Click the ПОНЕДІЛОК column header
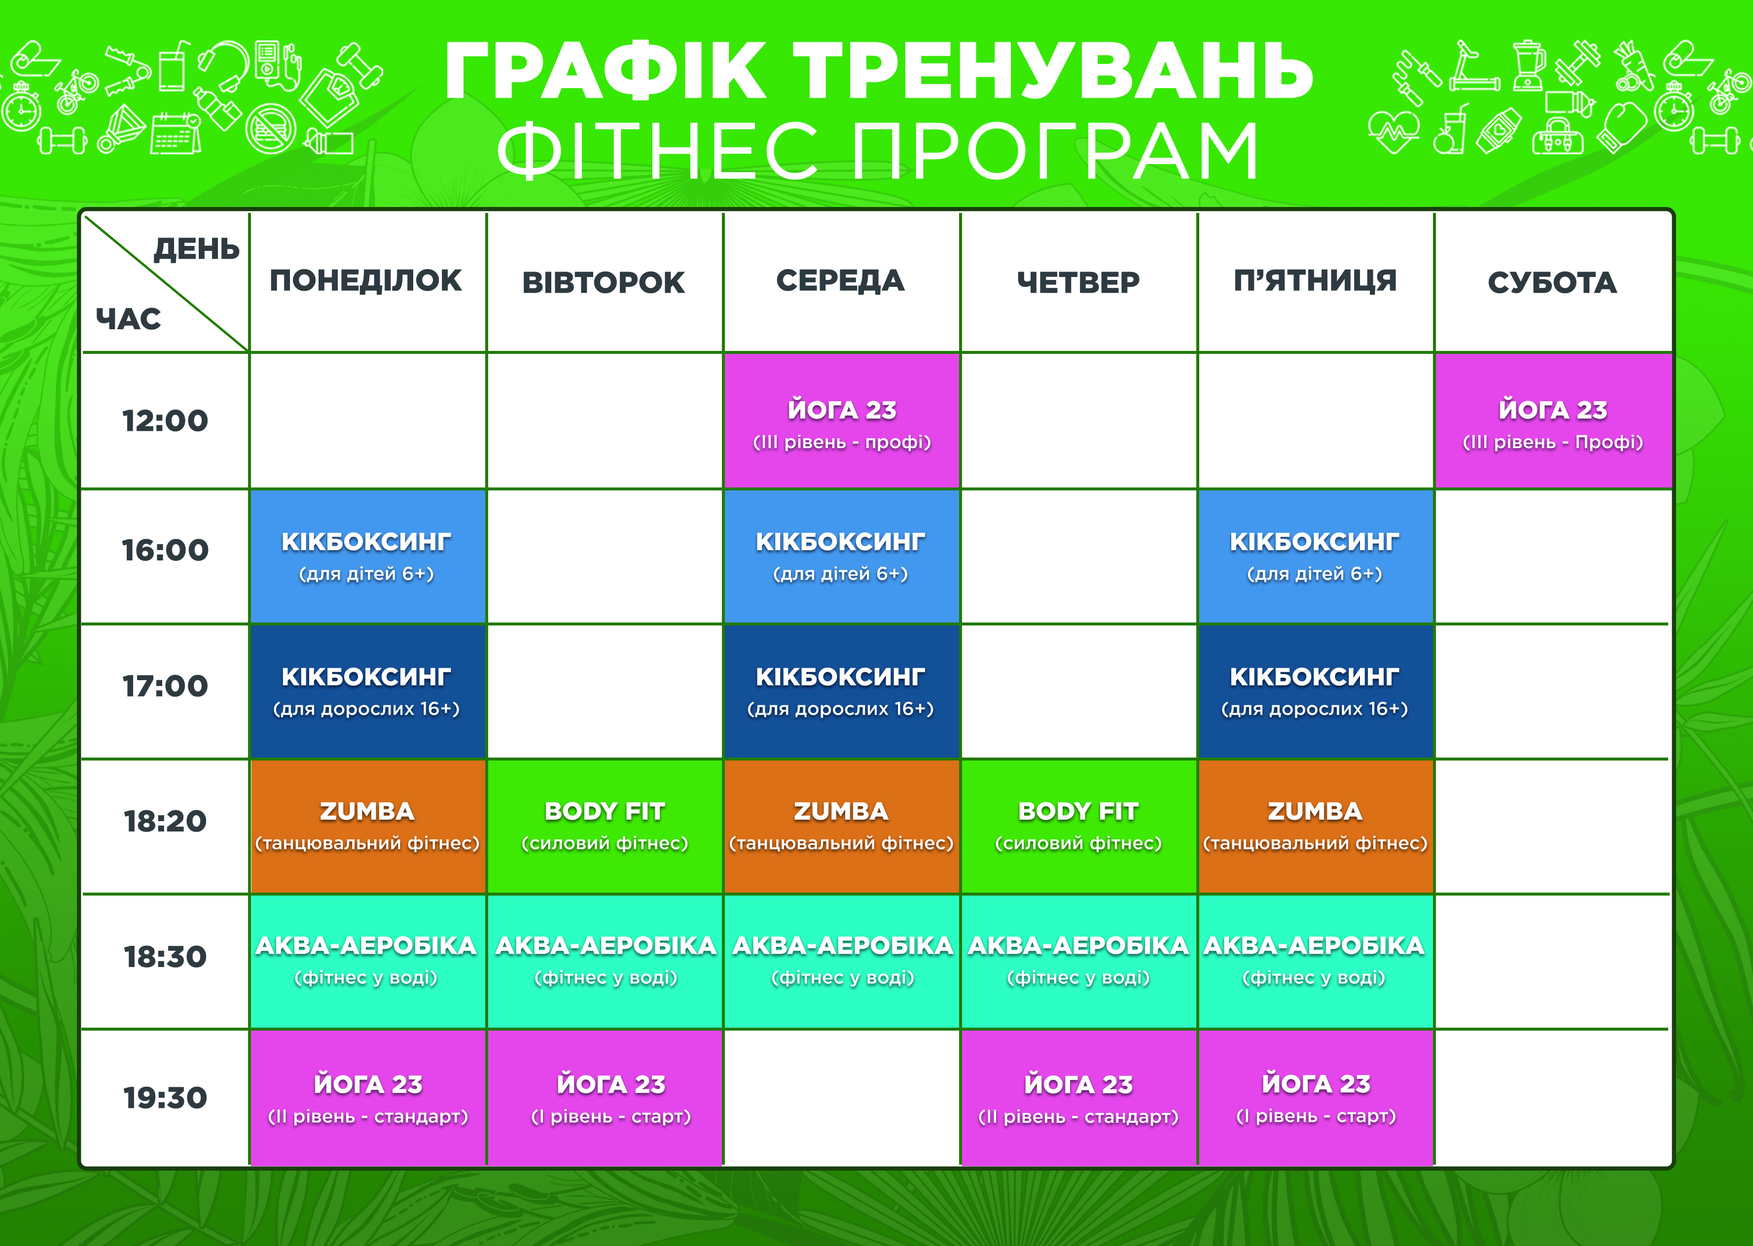click(365, 281)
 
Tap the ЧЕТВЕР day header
click(1078, 283)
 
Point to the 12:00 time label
click(165, 420)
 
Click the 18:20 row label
click(165, 822)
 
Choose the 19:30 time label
click(165, 1098)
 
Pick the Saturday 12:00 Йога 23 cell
click(1553, 420)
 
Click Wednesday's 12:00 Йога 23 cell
click(842, 420)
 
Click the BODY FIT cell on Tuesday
click(605, 827)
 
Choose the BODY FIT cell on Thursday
click(1078, 827)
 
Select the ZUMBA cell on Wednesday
click(842, 827)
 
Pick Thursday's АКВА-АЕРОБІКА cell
click(1078, 961)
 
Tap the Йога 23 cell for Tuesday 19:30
click(605, 1098)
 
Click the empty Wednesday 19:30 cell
click(842, 1098)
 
